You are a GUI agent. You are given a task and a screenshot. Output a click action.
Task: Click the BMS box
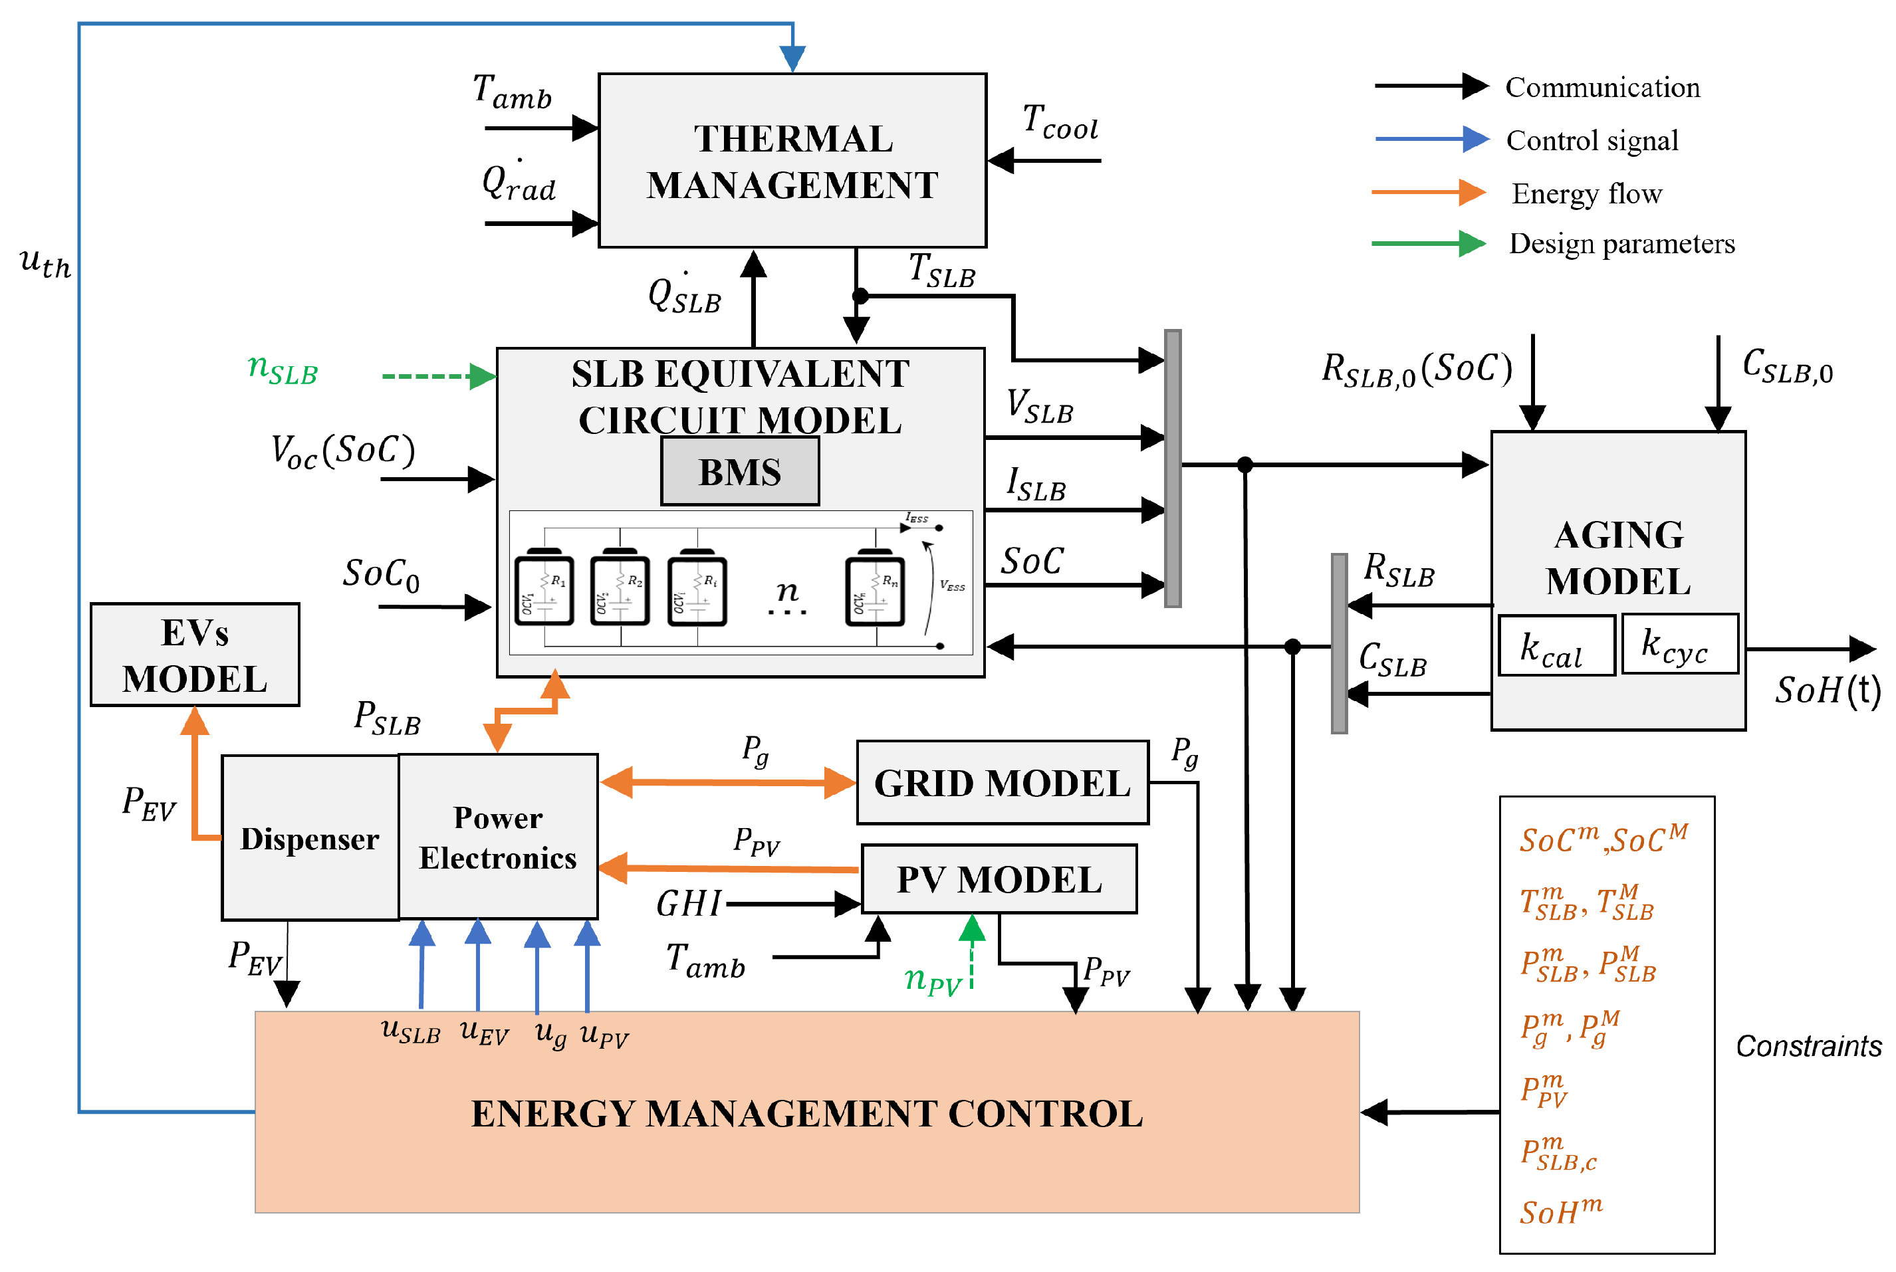pyautogui.click(x=739, y=471)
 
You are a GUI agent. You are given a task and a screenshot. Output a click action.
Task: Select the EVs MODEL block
pyautogui.click(x=195, y=655)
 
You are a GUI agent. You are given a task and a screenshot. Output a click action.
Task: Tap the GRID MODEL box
pyautogui.click(x=1002, y=783)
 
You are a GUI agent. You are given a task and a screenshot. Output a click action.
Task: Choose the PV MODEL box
pyautogui.click(x=999, y=879)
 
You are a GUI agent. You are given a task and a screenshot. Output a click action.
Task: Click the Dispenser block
pyautogui.click(x=310, y=838)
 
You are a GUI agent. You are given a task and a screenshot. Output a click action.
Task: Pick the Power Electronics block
pyautogui.click(x=498, y=837)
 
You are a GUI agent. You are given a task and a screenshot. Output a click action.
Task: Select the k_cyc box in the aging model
pyautogui.click(x=1679, y=645)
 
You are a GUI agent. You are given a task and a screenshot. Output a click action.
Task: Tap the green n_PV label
pyautogui.click(x=932, y=980)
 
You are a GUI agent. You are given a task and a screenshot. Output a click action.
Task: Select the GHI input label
pyautogui.click(x=688, y=904)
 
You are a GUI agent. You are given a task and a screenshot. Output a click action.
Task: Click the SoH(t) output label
pyautogui.click(x=1827, y=690)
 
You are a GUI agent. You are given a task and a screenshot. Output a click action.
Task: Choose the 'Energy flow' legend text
pyautogui.click(x=1586, y=194)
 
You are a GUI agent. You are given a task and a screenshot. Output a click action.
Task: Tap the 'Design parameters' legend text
pyautogui.click(x=1621, y=243)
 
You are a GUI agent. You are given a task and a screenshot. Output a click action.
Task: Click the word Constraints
pyautogui.click(x=1808, y=1047)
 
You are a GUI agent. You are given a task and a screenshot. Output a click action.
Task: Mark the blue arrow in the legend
pyautogui.click(x=1432, y=140)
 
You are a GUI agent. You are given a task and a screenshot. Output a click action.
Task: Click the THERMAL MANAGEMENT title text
pyautogui.click(x=792, y=161)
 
